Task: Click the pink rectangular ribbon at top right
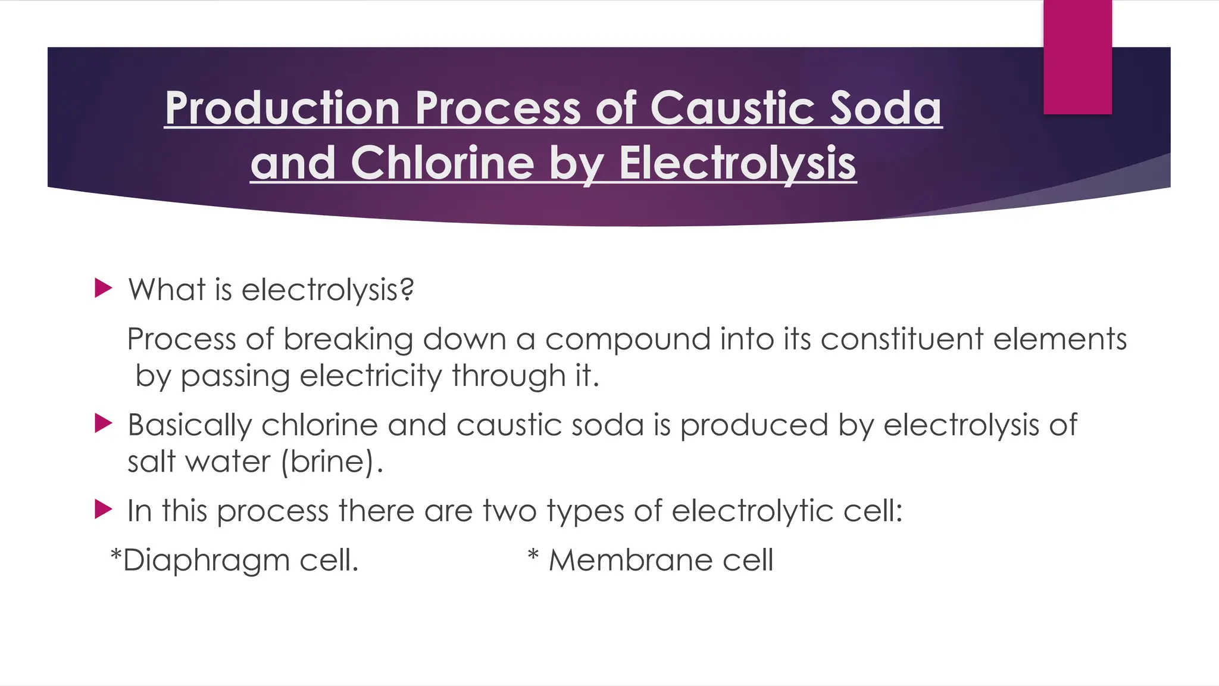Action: coord(1077,57)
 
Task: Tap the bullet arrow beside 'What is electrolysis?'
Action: coord(103,289)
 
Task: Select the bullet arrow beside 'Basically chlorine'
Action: coord(103,424)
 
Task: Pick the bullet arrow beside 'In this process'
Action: coord(103,510)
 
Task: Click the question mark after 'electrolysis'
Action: coord(407,289)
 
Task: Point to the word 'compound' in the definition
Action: coord(627,339)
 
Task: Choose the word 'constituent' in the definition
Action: coord(901,339)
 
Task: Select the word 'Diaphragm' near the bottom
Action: coord(206,561)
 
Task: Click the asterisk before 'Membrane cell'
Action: coord(533,554)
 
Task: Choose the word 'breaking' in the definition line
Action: coord(348,340)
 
